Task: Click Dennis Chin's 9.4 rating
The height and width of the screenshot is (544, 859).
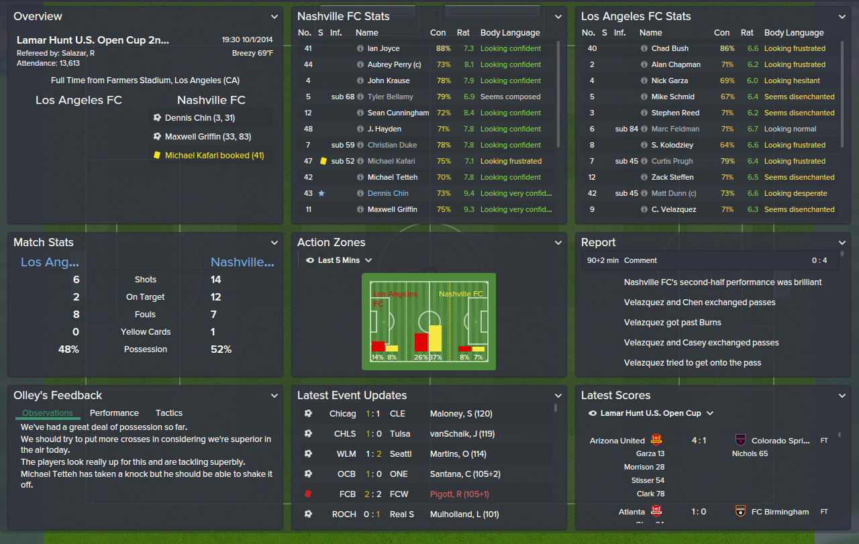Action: (x=468, y=193)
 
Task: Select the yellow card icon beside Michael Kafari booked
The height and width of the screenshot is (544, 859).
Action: (x=157, y=155)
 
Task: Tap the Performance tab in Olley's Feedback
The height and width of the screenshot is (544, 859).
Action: (x=114, y=413)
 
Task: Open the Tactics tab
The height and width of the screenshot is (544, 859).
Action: (x=169, y=413)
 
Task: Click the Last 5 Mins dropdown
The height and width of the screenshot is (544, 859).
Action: (x=339, y=260)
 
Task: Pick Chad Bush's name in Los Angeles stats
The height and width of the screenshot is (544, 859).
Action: (x=670, y=48)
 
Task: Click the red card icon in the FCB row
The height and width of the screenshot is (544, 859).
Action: (x=308, y=494)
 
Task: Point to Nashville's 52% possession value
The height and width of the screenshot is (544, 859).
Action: (x=221, y=349)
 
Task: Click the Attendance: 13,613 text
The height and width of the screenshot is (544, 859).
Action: (x=48, y=63)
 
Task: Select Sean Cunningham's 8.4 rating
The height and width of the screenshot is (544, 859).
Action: (x=468, y=113)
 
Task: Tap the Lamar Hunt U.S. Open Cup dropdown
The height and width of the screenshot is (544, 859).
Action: (x=650, y=413)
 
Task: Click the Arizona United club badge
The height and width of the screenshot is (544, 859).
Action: (x=656, y=441)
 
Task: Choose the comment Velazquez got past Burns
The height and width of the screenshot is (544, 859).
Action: (x=672, y=323)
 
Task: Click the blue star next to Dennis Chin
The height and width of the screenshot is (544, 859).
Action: (x=321, y=193)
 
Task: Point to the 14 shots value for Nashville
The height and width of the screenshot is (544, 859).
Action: (x=216, y=280)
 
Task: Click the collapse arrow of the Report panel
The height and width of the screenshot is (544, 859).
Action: (x=842, y=243)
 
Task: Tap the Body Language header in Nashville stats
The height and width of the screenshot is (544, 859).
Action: (x=510, y=33)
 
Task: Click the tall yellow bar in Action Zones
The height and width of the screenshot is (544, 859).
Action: (x=435, y=339)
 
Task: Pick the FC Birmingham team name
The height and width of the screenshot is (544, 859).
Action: (x=780, y=512)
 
